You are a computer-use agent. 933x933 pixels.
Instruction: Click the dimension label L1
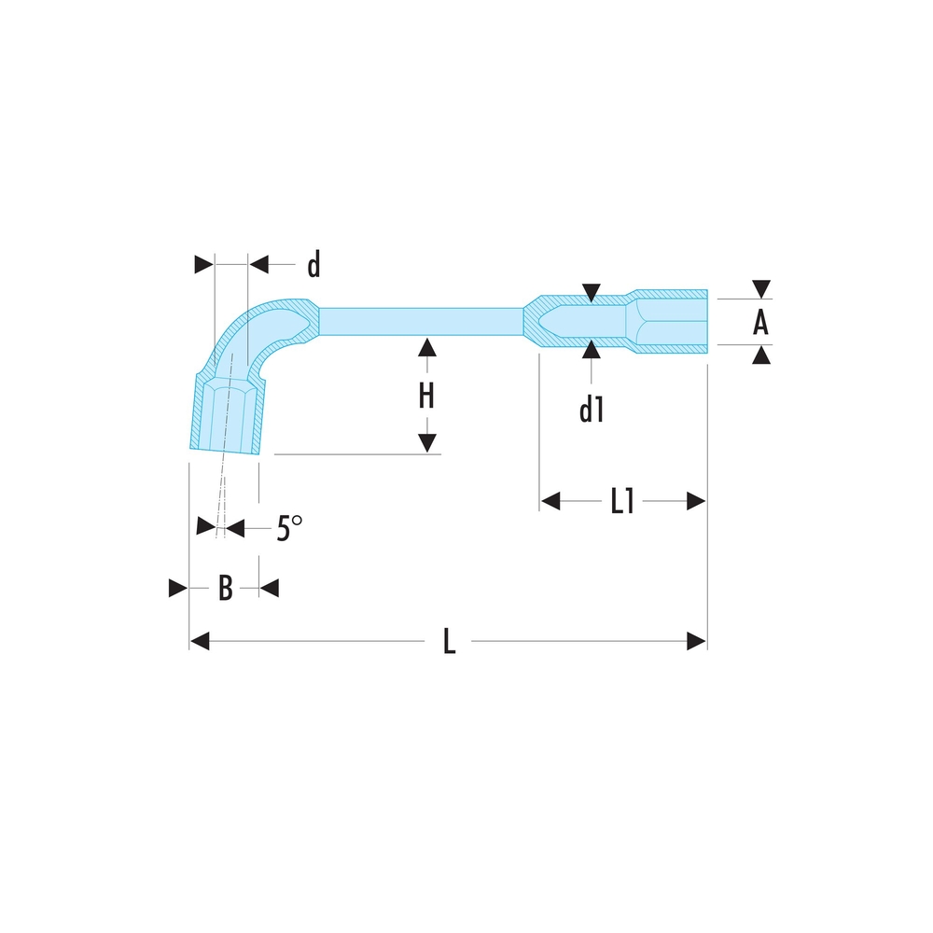[x=622, y=502]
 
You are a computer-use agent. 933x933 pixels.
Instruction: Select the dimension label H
[x=426, y=397]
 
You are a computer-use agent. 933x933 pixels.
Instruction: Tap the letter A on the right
[x=761, y=323]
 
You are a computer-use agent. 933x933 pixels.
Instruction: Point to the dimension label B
[x=225, y=589]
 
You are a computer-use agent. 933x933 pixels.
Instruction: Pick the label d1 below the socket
[x=592, y=410]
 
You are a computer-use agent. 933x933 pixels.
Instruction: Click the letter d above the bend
[x=313, y=266]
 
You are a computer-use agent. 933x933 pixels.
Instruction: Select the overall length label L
[x=449, y=642]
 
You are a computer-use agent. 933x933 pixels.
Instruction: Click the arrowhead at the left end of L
[x=199, y=641]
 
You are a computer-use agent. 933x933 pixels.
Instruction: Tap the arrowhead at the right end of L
[x=697, y=641]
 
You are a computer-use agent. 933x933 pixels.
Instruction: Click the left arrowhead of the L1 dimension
[x=550, y=502]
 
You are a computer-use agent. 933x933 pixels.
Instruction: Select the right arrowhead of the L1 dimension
[x=696, y=502]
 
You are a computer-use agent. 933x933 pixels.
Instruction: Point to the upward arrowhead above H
[x=426, y=348]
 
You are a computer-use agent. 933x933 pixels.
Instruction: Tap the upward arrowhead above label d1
[x=591, y=352]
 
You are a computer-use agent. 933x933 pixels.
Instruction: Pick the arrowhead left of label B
[x=177, y=588]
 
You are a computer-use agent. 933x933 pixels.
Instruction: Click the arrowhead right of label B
[x=270, y=588]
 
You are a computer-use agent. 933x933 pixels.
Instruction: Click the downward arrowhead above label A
[x=761, y=289]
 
